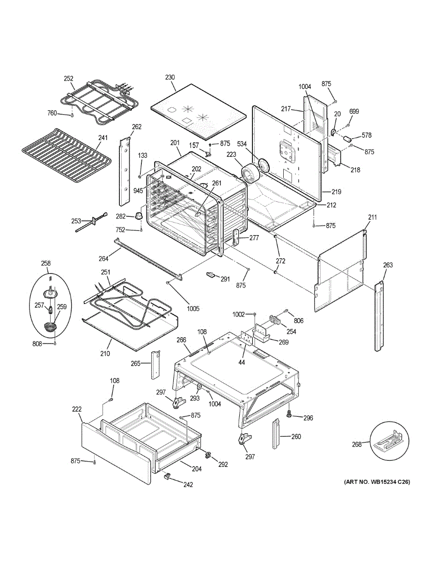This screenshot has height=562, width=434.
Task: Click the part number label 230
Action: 169,77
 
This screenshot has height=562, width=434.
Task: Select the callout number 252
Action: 69,79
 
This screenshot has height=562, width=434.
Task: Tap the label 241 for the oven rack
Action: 103,138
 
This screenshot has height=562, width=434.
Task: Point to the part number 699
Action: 354,111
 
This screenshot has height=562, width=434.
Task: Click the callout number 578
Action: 367,135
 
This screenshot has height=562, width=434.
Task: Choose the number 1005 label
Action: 193,309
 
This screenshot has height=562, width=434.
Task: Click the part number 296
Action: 308,418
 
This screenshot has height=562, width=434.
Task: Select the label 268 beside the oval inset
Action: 357,444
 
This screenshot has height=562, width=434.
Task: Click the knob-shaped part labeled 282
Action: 139,216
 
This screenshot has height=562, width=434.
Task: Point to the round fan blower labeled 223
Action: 250,173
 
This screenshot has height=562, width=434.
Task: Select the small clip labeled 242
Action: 166,477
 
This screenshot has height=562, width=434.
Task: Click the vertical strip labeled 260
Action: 276,434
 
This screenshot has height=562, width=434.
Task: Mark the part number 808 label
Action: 37,344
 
